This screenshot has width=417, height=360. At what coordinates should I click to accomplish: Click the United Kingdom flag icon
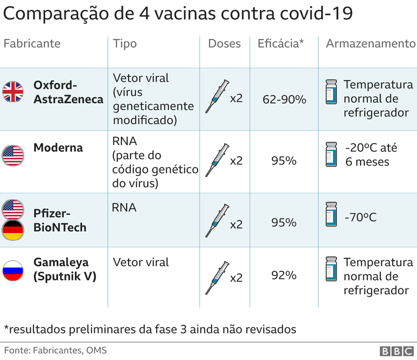13,92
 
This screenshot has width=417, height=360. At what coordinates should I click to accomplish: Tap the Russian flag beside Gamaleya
13,271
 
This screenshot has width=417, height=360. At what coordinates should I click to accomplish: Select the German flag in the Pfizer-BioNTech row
13,230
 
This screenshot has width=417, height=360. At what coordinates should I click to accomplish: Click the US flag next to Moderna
13,155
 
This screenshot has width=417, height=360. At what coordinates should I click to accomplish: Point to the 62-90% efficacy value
284,100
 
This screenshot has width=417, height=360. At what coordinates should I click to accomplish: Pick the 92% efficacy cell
284,276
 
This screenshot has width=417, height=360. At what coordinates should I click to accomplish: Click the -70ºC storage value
360,217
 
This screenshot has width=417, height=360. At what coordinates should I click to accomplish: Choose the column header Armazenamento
370,44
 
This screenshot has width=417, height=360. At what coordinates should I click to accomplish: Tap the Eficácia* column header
281,44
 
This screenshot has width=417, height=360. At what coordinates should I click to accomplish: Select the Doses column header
224,44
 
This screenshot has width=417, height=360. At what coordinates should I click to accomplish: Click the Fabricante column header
32,44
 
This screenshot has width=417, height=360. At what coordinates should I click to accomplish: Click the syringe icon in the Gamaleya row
217,277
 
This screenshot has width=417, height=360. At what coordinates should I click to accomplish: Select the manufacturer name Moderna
58,147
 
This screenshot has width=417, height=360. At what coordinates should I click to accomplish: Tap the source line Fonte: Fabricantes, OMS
55,350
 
